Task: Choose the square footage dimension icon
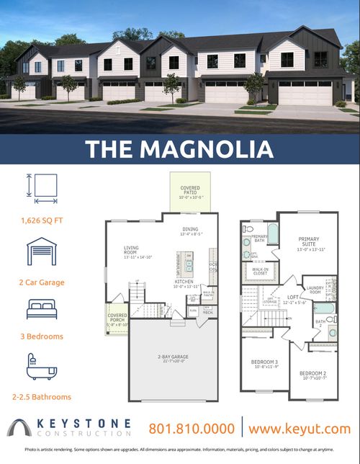(40, 188)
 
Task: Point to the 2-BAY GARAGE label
(173, 357)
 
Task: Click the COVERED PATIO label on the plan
(191, 191)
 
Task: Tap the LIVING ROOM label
(132, 253)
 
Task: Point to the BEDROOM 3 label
(265, 363)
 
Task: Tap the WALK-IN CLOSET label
(259, 272)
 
